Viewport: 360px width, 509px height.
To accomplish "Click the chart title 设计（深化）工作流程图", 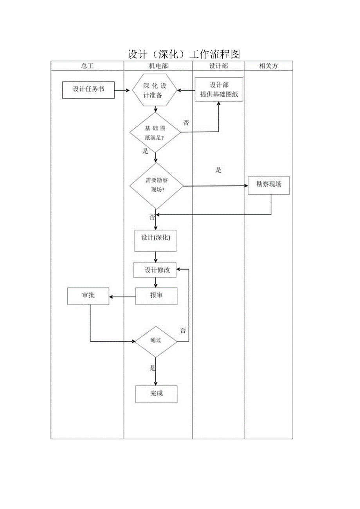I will click(184, 54).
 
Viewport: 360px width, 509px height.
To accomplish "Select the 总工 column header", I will click(87, 66).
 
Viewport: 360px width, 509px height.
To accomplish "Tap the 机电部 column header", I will click(158, 66).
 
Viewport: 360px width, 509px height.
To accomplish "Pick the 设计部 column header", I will click(218, 66).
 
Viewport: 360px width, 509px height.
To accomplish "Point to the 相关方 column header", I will click(268, 66).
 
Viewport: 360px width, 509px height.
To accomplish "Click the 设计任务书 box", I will click(88, 90).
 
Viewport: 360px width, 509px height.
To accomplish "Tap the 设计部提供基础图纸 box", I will click(219, 90).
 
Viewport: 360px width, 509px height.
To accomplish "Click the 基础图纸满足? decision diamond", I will click(155, 133).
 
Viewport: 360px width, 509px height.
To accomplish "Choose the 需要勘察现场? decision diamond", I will click(156, 185).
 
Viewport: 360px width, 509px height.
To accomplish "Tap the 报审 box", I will click(156, 296).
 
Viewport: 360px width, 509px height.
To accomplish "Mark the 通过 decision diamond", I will click(156, 341).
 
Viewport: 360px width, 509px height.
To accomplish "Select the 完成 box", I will click(156, 394).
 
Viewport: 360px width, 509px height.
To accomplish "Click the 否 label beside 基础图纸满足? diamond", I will click(186, 123).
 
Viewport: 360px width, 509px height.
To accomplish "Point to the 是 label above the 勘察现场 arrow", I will click(218, 170).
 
